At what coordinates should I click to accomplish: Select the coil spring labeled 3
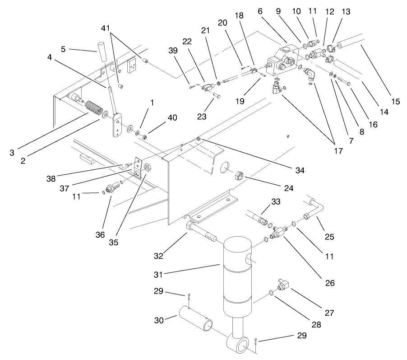(92, 109)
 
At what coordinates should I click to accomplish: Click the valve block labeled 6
(282, 58)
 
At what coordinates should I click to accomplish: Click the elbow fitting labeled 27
(284, 285)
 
